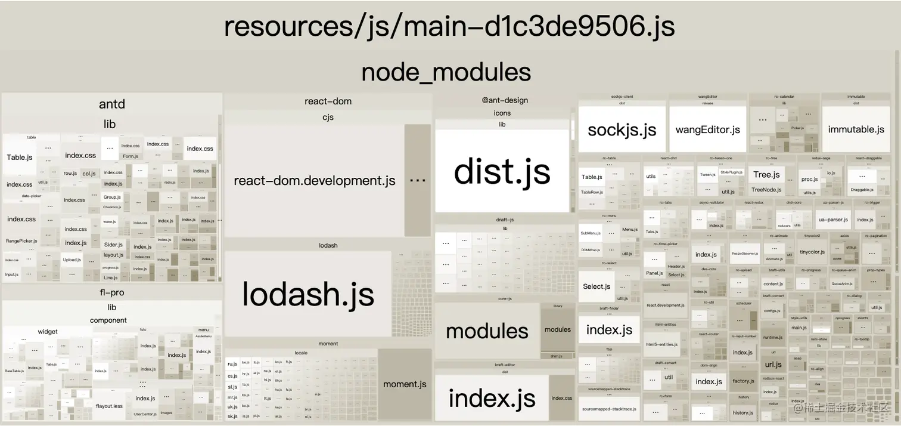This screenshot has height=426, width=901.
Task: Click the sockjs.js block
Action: click(622, 130)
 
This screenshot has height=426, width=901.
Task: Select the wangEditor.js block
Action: click(707, 130)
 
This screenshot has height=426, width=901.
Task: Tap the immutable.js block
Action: click(856, 129)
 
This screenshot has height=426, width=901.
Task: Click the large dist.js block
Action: click(502, 171)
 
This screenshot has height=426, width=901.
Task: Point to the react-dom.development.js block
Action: click(314, 181)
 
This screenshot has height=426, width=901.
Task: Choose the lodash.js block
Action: click(307, 294)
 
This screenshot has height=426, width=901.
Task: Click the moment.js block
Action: click(405, 384)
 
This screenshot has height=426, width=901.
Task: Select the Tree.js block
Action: click(766, 175)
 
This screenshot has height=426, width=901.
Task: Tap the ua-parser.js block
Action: click(833, 220)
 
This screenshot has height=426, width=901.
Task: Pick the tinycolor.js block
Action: click(812, 252)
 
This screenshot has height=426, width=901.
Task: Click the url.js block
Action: click(773, 365)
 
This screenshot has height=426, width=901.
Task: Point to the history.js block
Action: click(743, 412)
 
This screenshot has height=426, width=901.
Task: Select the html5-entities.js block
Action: click(661, 344)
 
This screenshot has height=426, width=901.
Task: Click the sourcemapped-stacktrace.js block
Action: click(609, 409)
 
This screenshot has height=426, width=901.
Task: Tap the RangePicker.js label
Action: click(21, 241)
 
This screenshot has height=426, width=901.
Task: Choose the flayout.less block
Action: click(109, 406)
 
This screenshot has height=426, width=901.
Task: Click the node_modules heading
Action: click(446, 72)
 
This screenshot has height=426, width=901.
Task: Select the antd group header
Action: click(111, 104)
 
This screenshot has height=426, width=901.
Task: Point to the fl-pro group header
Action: click(111, 293)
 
